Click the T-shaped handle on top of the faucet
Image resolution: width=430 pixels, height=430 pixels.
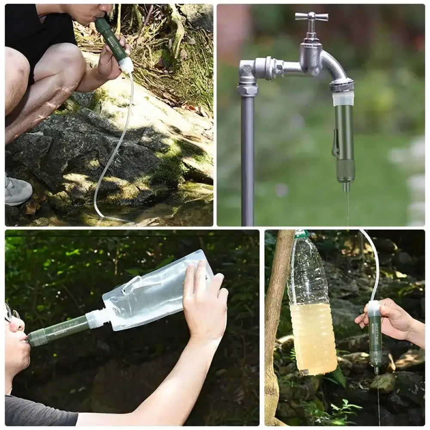pos(311,17)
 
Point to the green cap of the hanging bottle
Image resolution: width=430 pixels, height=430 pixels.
pos(301,234)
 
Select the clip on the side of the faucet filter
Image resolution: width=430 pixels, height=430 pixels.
pos(335,144)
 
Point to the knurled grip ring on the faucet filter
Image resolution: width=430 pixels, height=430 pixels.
pos(345,170)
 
